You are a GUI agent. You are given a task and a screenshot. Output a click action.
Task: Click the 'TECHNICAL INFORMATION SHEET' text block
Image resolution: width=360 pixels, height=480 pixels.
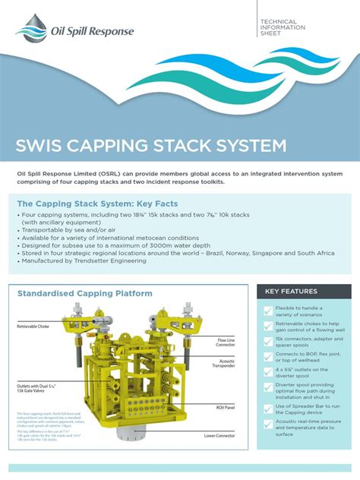(x=283, y=27)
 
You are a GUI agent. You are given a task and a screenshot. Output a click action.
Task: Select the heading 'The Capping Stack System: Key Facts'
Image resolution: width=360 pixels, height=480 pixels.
(x=97, y=204)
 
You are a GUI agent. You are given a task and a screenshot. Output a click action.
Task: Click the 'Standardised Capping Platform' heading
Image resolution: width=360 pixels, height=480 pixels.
(x=84, y=293)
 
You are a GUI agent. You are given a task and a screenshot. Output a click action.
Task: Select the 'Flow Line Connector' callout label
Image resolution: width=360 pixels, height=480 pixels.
(x=225, y=343)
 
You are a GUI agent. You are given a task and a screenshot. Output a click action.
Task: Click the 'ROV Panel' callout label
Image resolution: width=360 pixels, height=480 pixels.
(x=226, y=407)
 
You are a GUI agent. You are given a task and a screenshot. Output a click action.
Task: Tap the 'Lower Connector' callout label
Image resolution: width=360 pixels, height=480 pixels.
(x=220, y=436)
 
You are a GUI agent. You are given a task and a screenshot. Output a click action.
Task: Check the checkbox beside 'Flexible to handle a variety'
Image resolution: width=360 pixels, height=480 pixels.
(x=267, y=311)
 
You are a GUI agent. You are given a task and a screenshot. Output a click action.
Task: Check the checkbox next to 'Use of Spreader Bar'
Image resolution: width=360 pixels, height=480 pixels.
(x=267, y=409)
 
